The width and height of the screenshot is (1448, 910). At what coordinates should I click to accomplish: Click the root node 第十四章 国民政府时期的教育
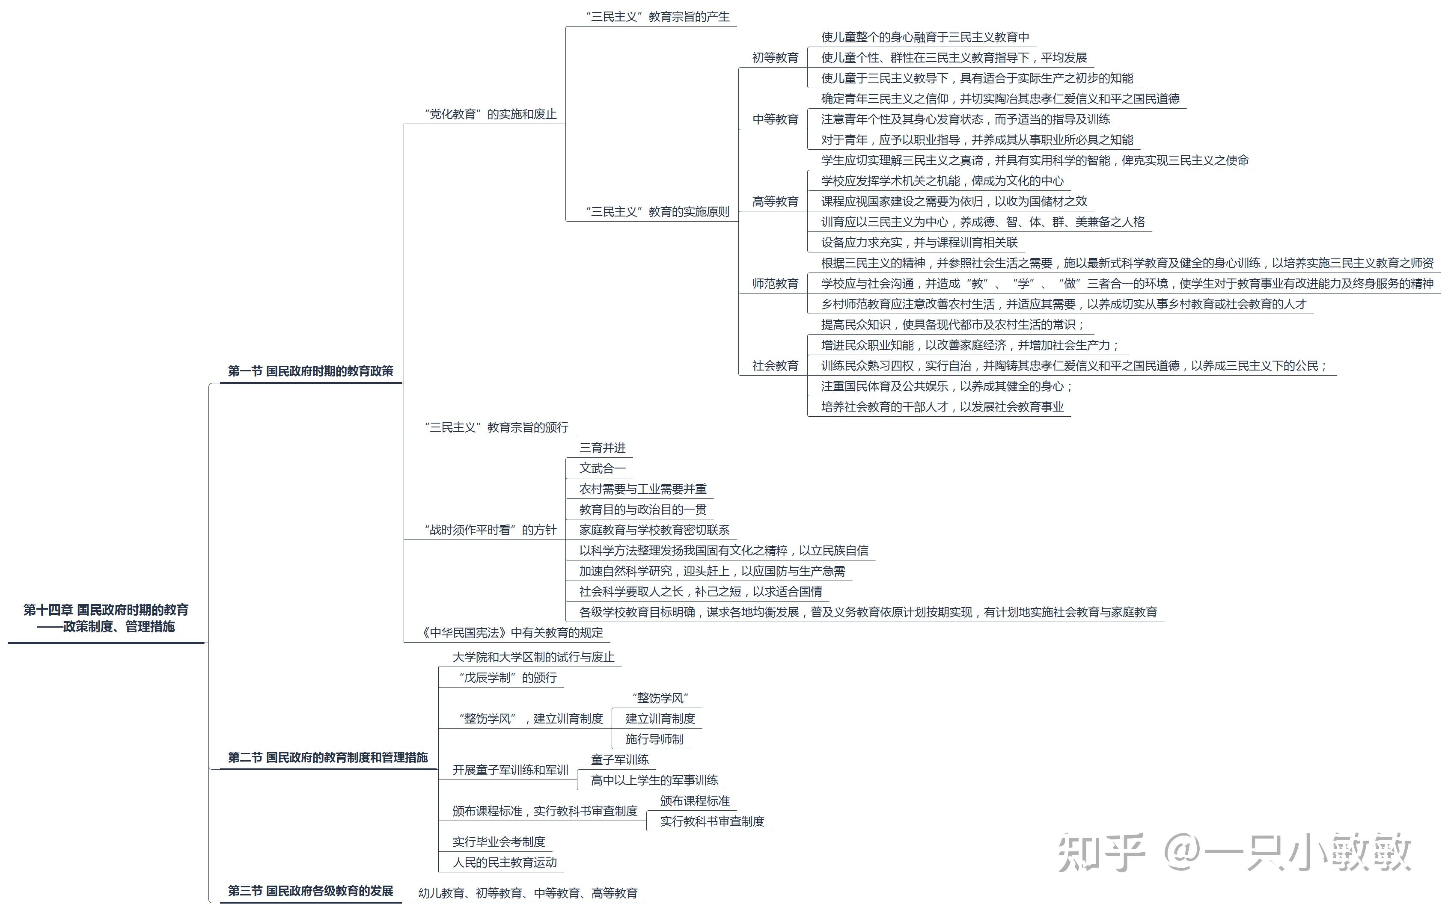coord(106,610)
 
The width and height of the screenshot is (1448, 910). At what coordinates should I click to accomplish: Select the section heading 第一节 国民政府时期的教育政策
coord(310,371)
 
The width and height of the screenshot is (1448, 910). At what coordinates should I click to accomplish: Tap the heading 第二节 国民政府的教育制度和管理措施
coord(328,757)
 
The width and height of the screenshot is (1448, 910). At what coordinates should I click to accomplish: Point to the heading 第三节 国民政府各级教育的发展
coord(310,891)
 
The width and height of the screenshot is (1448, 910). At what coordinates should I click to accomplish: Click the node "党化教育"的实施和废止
coord(491,114)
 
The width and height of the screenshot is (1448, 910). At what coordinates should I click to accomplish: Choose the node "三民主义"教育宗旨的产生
coord(658,17)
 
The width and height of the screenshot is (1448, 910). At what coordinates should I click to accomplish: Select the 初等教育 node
coord(775,58)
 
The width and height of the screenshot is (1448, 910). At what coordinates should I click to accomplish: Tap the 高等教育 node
coord(775,202)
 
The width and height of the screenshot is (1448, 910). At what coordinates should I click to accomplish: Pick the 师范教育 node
coord(775,284)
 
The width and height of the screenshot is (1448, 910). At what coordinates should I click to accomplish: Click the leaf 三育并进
coord(603,448)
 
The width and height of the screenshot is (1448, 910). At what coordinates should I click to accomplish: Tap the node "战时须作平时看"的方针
coord(491,530)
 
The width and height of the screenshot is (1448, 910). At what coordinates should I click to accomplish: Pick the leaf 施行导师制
coord(654,739)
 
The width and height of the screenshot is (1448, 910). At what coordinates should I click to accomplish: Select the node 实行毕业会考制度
coord(499,842)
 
